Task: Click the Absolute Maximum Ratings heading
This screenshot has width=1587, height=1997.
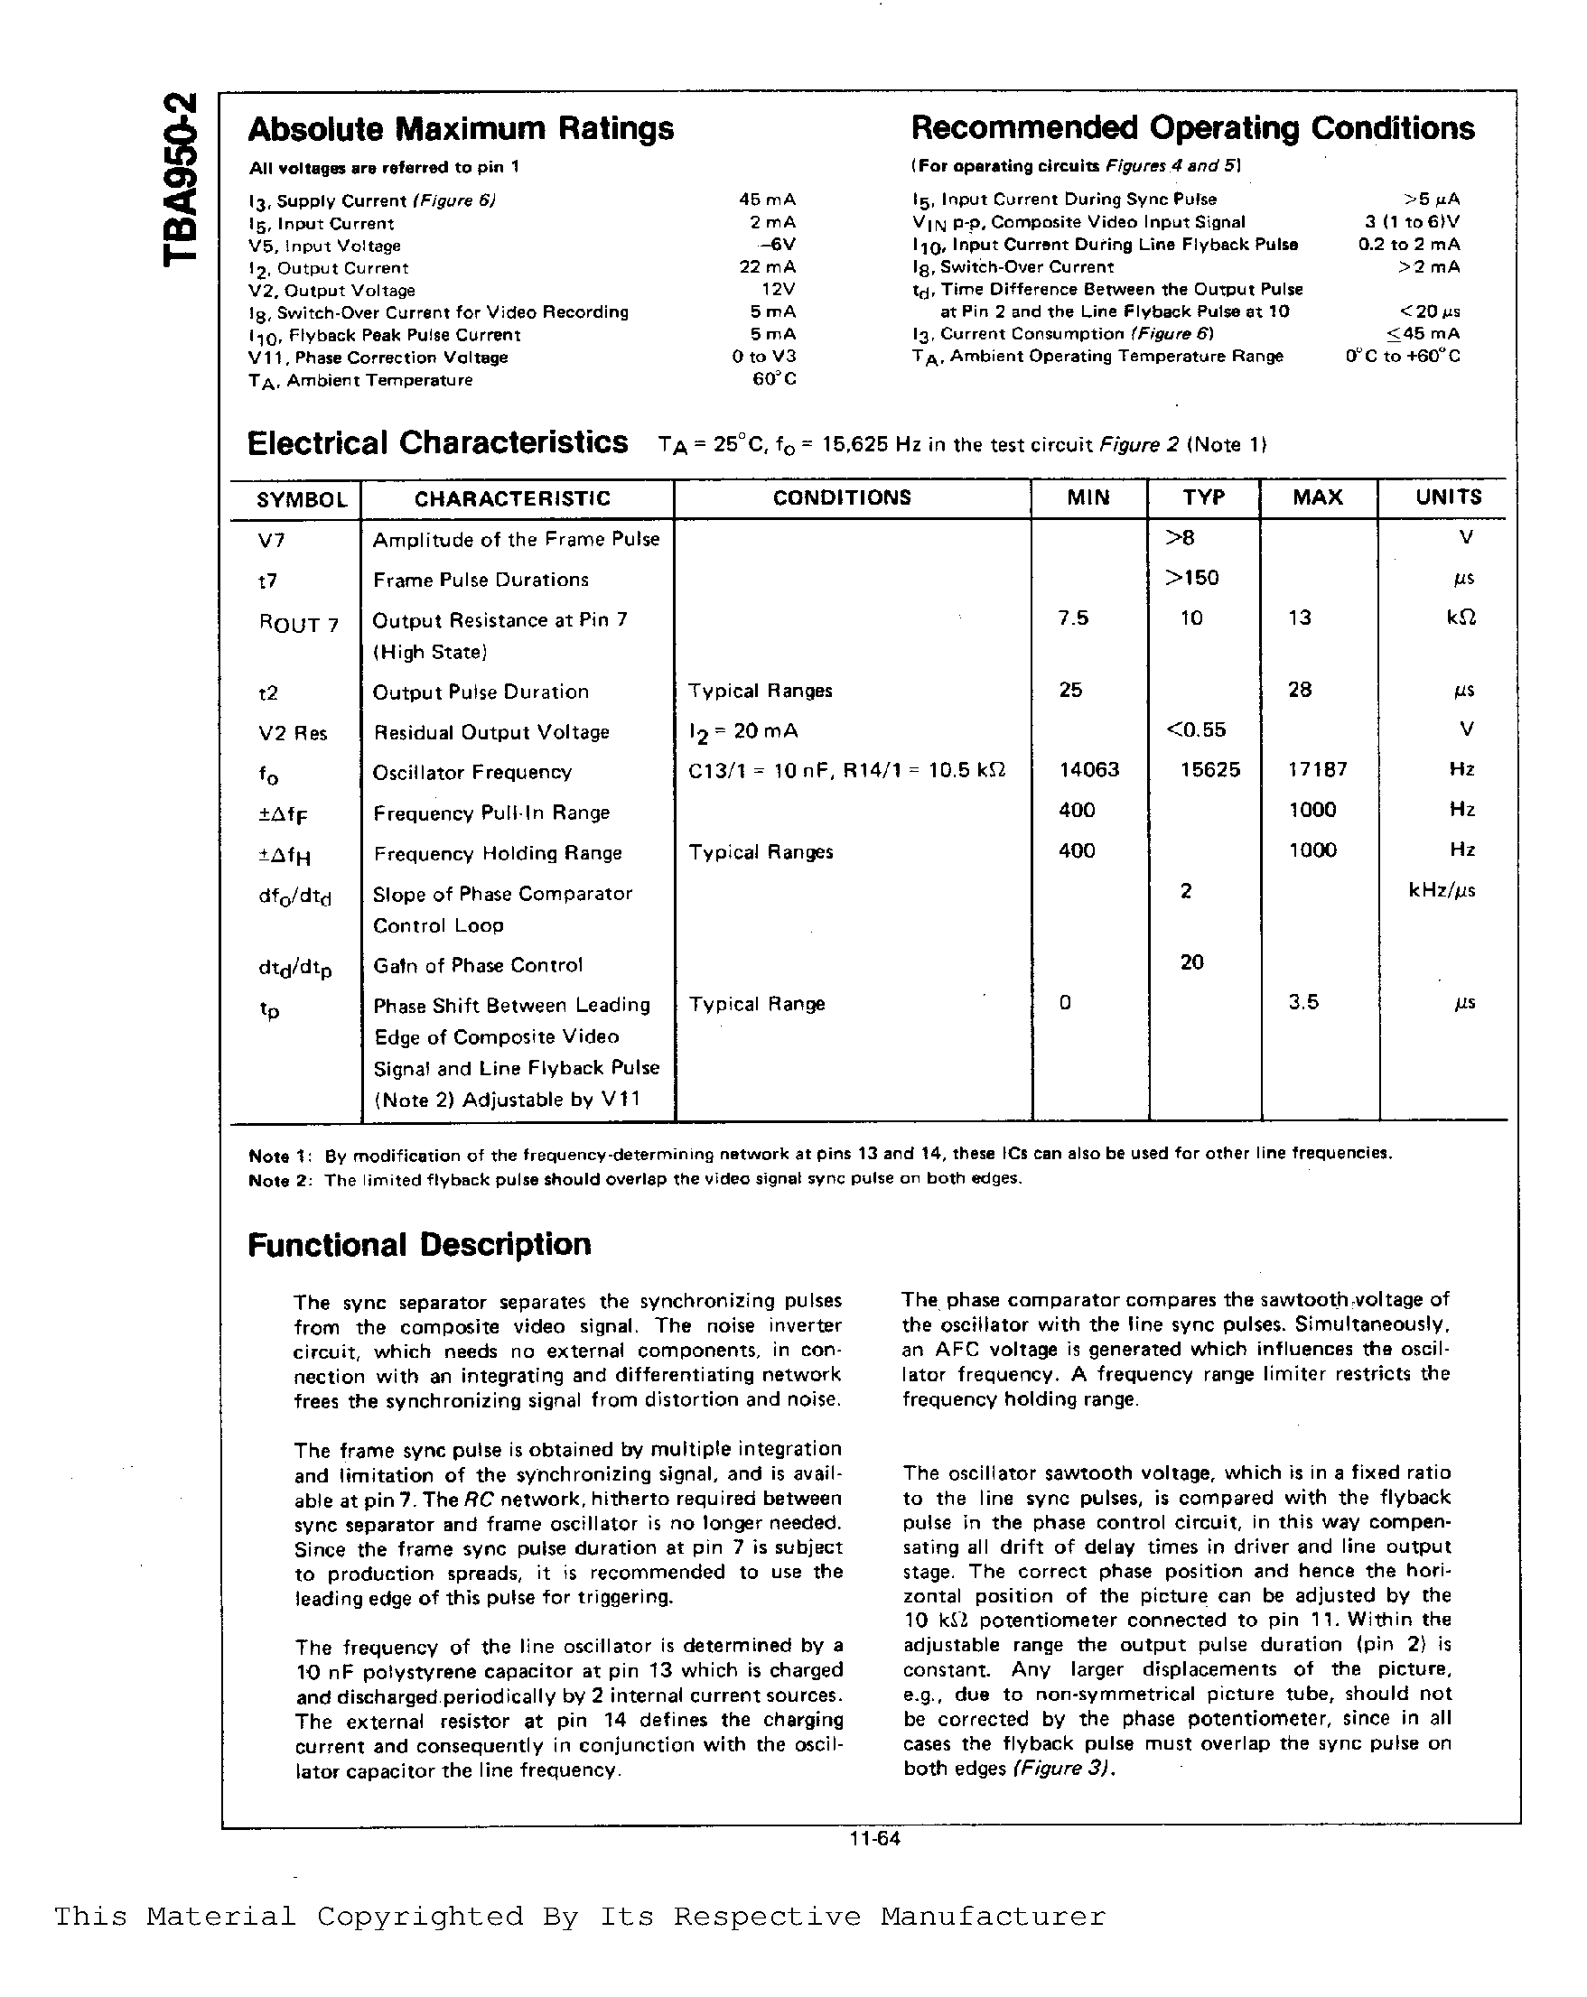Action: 461,129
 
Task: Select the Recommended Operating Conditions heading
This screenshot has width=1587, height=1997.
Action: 1192,128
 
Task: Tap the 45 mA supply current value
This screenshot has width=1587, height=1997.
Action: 767,200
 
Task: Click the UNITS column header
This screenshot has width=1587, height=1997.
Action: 1448,497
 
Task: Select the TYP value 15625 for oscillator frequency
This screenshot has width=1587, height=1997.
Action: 1209,770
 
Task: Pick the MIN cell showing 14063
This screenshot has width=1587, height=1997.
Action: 1088,770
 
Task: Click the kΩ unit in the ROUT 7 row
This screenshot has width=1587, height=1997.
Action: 1461,618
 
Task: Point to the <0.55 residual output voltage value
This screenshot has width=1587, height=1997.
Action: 1195,729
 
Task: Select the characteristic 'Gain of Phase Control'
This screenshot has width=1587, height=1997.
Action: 478,965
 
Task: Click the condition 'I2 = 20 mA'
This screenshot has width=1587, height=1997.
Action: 742,732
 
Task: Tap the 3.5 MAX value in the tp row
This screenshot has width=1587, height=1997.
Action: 1302,1002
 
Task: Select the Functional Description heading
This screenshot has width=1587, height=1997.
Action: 419,1244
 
